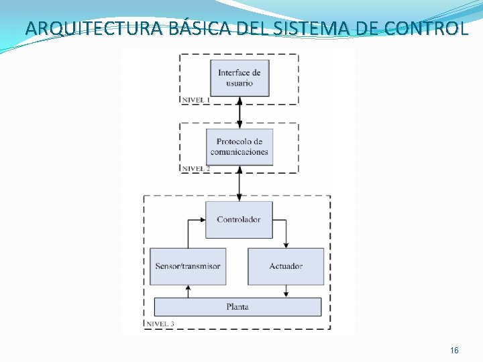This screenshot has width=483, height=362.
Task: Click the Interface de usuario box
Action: (239, 78)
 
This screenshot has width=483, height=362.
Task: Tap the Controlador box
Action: (239, 219)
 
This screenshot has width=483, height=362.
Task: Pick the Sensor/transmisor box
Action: (188, 266)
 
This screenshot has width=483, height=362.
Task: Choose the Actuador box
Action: (286, 266)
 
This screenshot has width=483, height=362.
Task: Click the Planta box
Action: (237, 306)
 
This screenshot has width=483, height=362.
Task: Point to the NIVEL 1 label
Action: (195, 100)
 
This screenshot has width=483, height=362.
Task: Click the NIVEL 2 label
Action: (196, 168)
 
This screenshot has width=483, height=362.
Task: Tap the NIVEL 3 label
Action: (160, 324)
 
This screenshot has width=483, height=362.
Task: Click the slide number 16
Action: (454, 351)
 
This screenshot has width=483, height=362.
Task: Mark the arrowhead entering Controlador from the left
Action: (203, 220)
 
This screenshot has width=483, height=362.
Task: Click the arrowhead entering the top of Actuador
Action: (286, 245)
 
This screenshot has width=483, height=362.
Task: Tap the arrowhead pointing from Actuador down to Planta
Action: (286, 294)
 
